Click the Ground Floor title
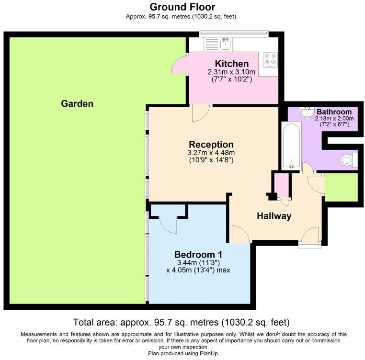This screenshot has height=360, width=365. tap(182, 7)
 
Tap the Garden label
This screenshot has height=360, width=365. tap(77, 103)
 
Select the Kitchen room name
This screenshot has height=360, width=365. tap(232, 64)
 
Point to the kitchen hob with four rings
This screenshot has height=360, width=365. tap(270, 60)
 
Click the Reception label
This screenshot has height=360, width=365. tap(211, 145)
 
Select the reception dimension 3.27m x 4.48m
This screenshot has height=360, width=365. tap(211, 153)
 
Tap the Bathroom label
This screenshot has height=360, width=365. tap(334, 112)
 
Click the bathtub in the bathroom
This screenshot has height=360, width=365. tap(291, 146)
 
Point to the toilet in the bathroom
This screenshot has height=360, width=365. tap(348, 160)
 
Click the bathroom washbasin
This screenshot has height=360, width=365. tap(308, 112)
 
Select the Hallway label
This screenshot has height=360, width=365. tap(274, 216)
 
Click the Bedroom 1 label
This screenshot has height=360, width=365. tap(198, 255)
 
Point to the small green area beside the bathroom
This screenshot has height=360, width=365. tap(341, 187)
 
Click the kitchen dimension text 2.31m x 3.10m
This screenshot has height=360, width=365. tap(231, 72)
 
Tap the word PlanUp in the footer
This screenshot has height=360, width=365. tap(209, 353)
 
